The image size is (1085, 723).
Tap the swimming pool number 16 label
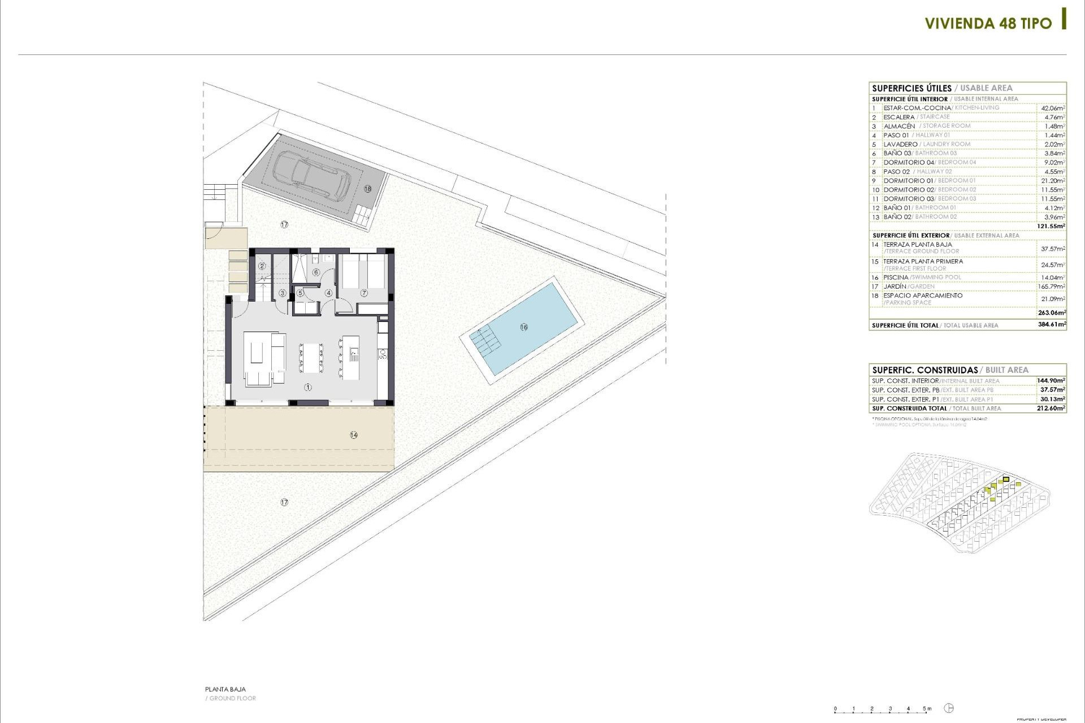click(x=524, y=327)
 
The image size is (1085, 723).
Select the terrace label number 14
click(x=354, y=435)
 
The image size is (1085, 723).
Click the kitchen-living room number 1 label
click(x=308, y=387)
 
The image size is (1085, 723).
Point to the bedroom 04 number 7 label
click(x=364, y=293)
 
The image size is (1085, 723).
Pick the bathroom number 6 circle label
click(x=316, y=273)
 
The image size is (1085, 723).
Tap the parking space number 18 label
click(x=368, y=189)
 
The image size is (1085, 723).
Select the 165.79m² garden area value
click(x=1052, y=286)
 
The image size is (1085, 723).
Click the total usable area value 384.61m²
click(x=1052, y=325)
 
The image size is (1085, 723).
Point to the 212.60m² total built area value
click(x=1051, y=408)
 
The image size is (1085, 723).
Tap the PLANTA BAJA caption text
click(x=225, y=689)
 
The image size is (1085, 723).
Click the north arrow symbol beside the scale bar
click(x=949, y=708)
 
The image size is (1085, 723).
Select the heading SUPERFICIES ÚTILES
click(x=912, y=88)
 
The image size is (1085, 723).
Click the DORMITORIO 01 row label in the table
click(x=909, y=181)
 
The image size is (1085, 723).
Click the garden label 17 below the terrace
click(x=284, y=502)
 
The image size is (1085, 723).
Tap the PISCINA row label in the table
click(x=896, y=277)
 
